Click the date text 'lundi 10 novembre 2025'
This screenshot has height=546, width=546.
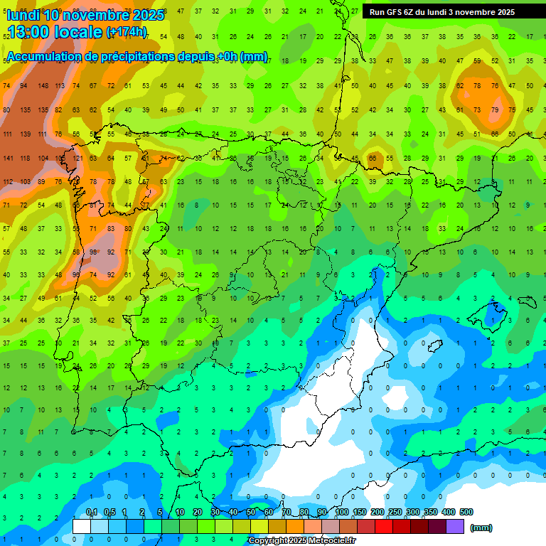[85, 15]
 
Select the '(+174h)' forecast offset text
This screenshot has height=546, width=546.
[127, 33]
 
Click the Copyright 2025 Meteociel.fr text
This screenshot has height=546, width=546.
[301, 540]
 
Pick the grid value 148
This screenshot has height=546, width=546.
[43, 86]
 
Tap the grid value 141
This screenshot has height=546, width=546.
[8, 159]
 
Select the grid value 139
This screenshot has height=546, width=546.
[25, 134]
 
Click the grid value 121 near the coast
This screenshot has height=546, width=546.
[77, 159]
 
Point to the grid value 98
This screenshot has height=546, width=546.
[93, 252]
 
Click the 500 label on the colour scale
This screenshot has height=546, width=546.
[466, 512]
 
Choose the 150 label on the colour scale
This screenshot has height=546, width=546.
[359, 512]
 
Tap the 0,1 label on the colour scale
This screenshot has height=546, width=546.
[92, 512]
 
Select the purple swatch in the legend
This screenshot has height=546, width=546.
[455, 526]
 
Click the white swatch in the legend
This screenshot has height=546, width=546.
[82, 526]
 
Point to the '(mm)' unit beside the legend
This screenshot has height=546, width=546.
[481, 528]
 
